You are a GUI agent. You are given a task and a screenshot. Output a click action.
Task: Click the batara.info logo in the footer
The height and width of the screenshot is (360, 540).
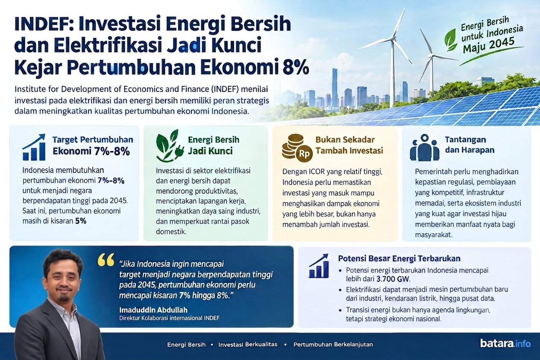pos(505,343)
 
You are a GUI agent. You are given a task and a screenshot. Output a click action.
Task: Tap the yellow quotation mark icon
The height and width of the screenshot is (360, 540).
pos(106,260)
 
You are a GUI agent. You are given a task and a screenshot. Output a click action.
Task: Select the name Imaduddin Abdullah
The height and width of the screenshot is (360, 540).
pos(153,310)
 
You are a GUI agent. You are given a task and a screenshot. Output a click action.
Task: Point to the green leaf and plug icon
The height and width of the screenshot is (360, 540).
pos(170,146)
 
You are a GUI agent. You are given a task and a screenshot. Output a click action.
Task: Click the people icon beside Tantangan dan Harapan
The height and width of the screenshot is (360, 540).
pos(425,147)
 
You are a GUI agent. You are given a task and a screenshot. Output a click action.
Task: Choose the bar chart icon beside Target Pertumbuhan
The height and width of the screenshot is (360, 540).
pos(34,147)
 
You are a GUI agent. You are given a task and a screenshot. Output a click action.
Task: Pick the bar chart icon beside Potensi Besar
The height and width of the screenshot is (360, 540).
pos(318,266)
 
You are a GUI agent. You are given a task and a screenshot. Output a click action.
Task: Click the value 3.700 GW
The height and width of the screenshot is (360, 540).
pos(393,279)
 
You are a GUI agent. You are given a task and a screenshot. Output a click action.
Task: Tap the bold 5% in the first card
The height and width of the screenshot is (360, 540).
pos(81,221)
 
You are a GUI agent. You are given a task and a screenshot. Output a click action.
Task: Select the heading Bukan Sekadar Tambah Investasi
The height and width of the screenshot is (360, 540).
pos(349,145)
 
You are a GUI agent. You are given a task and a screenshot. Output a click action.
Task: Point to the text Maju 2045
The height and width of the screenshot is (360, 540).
pos(489,45)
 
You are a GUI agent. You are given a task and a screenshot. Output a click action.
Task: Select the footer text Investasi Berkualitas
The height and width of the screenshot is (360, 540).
pos(248,345)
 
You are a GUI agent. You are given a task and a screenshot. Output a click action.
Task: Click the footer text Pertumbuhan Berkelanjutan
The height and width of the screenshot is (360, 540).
pos(333,345)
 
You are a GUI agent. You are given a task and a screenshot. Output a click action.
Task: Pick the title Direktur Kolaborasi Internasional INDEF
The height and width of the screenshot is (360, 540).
pos(169,318)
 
